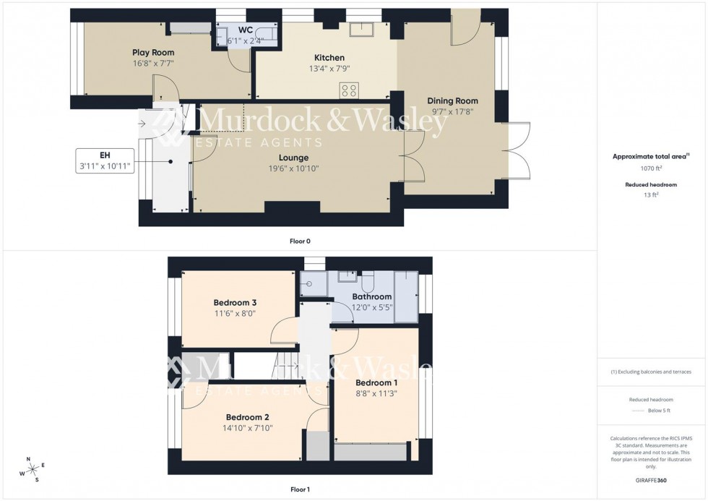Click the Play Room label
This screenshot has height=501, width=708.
(x=152, y=53)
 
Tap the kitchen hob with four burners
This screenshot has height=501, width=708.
(x=349, y=90)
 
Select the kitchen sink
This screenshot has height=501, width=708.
(x=359, y=29)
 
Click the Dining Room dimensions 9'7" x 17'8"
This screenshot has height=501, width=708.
(x=452, y=111)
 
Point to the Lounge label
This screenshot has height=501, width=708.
(x=293, y=158)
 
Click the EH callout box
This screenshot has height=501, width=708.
(x=104, y=160)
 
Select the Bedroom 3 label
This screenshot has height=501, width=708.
(x=235, y=302)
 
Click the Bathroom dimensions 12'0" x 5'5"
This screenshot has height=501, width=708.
(x=372, y=307)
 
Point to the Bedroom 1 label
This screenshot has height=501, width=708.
(x=376, y=383)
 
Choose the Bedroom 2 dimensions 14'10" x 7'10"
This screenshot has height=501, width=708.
(x=247, y=428)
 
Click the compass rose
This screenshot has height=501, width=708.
(x=33, y=469)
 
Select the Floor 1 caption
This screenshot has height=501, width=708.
(x=300, y=489)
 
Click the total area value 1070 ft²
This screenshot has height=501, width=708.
(x=651, y=168)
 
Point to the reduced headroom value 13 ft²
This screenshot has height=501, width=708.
(x=651, y=194)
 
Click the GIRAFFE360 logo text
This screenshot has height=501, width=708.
(x=651, y=479)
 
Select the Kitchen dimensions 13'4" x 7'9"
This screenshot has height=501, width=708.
(x=329, y=69)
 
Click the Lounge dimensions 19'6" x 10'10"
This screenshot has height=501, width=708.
(x=293, y=168)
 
